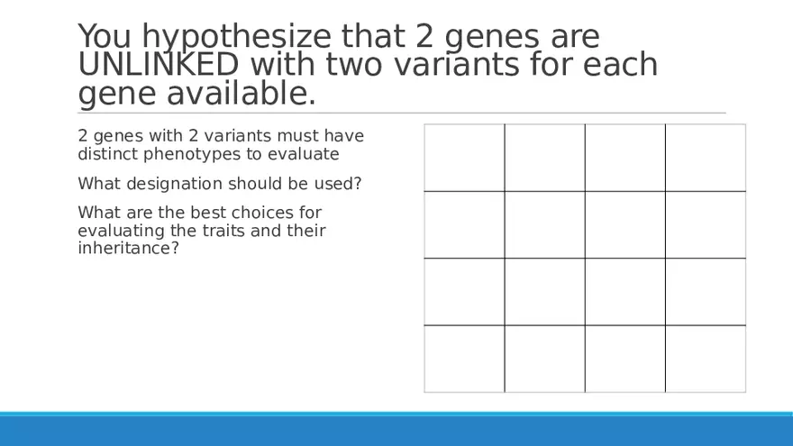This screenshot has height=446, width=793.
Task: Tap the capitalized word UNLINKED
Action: [x=159, y=64]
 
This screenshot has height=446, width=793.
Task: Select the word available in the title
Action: [x=242, y=93]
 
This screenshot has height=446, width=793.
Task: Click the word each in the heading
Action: [x=620, y=64]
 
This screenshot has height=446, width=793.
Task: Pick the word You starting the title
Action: [x=105, y=36]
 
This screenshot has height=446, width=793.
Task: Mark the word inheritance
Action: [x=129, y=249]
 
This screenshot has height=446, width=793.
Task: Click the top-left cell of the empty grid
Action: [x=464, y=158]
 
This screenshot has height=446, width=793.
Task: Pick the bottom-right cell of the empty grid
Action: [x=706, y=359]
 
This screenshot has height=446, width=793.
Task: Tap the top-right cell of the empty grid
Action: [x=706, y=158]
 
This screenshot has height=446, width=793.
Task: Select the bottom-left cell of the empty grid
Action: [x=464, y=359]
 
